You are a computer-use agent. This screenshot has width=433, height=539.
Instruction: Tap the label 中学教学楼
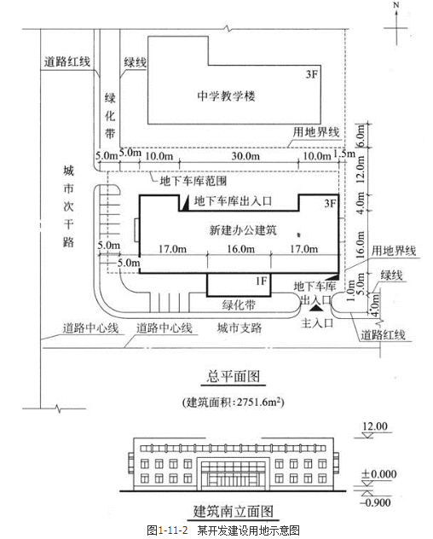click(227, 96)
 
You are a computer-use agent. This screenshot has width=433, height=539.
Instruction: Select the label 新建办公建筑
click(243, 229)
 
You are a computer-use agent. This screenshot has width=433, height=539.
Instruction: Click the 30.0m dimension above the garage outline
click(245, 156)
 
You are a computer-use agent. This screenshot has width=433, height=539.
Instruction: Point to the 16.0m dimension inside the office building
click(240, 248)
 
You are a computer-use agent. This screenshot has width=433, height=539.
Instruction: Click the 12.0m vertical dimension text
click(360, 170)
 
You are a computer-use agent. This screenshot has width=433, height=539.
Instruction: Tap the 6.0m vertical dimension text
click(360, 136)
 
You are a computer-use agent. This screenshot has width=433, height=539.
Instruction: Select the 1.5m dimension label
click(344, 154)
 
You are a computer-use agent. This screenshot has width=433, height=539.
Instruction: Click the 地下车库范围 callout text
click(193, 181)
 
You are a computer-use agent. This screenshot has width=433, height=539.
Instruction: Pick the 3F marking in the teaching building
click(312, 74)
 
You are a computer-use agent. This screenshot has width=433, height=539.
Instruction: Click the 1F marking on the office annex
click(261, 281)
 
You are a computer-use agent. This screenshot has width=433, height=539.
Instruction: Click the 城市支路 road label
click(240, 328)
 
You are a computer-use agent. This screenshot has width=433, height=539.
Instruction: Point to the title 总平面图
click(234, 376)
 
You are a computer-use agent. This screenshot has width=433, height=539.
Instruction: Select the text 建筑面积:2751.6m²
click(234, 402)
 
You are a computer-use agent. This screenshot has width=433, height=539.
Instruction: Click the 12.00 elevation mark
click(375, 426)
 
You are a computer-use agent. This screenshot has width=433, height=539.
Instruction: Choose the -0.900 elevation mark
click(375, 502)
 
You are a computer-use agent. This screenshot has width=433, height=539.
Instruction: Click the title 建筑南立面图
click(234, 511)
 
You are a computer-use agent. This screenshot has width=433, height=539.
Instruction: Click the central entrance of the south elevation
click(234, 474)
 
